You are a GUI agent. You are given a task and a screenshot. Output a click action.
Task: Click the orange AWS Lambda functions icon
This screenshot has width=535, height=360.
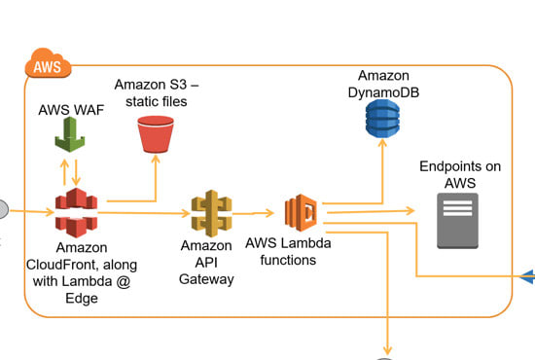[x=302, y=211]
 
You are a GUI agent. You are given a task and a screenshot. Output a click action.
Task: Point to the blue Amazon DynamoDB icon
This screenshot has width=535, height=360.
[x=381, y=117]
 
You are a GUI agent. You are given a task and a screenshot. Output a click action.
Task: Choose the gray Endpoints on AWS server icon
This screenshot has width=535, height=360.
[x=456, y=221]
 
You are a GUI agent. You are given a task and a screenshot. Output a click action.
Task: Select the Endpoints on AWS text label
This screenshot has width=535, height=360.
[x=460, y=175]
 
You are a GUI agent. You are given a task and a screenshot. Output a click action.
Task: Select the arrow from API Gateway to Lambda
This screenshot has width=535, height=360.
[x=256, y=212]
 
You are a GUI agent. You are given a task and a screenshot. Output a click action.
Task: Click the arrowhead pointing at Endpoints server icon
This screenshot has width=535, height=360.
[x=410, y=207]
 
